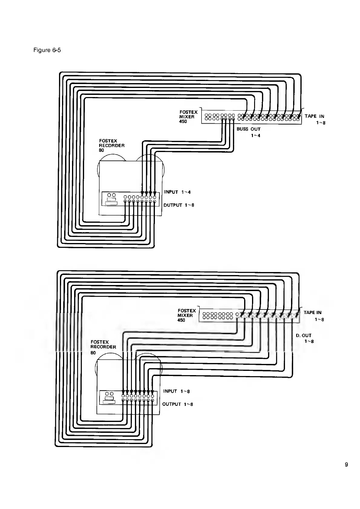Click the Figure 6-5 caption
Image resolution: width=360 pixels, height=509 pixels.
click(x=47, y=50)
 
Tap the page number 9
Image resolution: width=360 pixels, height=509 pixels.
click(x=346, y=465)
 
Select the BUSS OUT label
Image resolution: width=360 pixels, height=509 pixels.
click(x=248, y=129)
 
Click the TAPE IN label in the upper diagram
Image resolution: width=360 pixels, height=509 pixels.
click(x=314, y=116)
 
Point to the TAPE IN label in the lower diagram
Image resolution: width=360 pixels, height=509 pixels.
click(x=313, y=313)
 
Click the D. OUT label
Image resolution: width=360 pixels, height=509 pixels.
click(x=303, y=336)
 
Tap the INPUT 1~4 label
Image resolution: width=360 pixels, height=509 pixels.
click(x=177, y=192)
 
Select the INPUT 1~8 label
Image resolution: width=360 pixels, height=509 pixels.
click(x=176, y=391)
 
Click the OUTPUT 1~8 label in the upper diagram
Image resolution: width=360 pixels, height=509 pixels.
click(x=179, y=205)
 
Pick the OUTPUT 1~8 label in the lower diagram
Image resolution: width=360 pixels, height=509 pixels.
click(x=178, y=404)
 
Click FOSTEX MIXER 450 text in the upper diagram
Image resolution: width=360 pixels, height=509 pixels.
click(x=188, y=117)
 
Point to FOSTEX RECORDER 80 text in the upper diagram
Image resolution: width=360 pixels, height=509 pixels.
click(x=112, y=145)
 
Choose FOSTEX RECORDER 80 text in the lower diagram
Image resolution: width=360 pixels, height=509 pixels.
click(x=103, y=347)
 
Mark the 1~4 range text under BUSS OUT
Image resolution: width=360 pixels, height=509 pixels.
click(x=255, y=136)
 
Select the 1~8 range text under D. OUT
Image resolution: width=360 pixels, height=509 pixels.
click(x=309, y=342)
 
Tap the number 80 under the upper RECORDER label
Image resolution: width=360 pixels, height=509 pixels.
click(x=102, y=150)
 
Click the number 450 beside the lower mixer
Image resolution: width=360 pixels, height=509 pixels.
click(x=181, y=320)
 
